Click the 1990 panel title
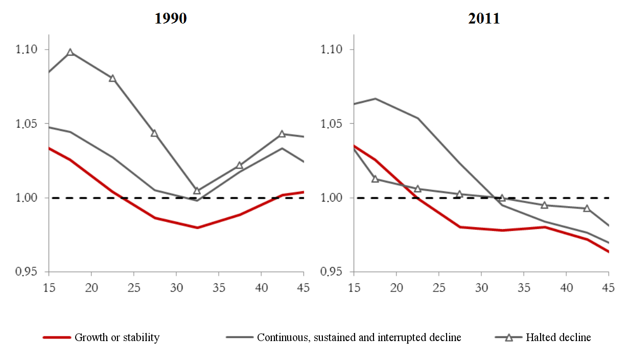(x=171, y=19)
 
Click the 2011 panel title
(x=484, y=19)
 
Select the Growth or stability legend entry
(x=117, y=337)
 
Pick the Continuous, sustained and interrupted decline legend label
(x=359, y=337)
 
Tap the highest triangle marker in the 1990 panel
(x=71, y=52)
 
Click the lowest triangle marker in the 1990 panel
(x=197, y=190)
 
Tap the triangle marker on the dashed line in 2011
(x=502, y=198)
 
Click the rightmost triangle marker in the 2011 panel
(x=587, y=208)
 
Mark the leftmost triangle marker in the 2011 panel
(x=375, y=179)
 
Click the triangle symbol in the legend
(x=509, y=337)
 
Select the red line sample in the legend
(x=56, y=337)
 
